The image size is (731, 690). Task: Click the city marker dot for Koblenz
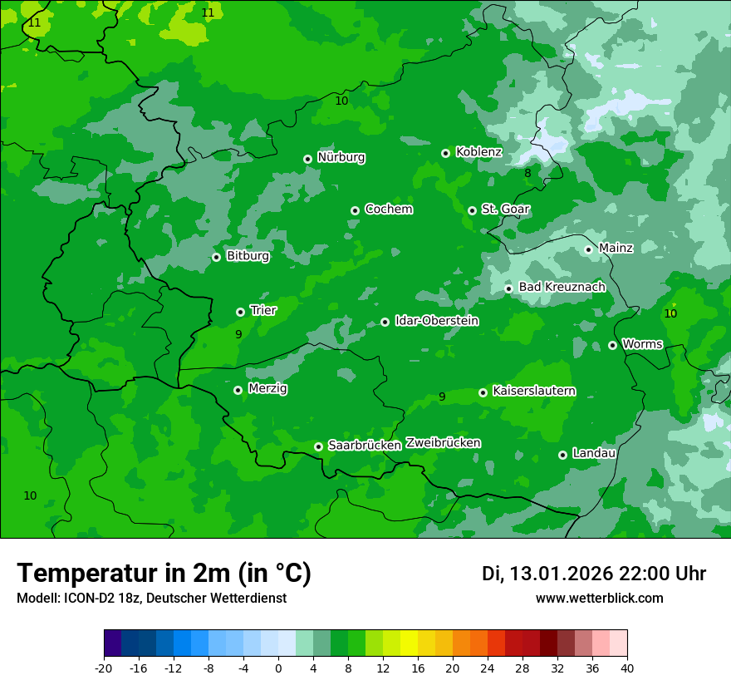click(x=446, y=153)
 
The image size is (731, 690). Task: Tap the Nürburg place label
click(x=341, y=157)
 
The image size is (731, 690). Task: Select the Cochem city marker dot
click(x=355, y=210)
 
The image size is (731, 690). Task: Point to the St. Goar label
click(x=505, y=209)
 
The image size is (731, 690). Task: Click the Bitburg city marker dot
click(x=216, y=257)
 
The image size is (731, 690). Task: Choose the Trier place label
click(x=263, y=310)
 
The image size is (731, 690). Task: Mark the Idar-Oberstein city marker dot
click(x=385, y=322)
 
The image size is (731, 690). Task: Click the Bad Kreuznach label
click(x=562, y=287)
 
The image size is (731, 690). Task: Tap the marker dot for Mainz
click(x=588, y=249)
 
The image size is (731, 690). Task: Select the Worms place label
click(x=642, y=343)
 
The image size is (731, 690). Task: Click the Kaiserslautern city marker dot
click(x=483, y=392)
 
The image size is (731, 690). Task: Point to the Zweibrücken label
click(x=443, y=442)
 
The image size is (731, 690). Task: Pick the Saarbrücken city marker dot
click(x=318, y=446)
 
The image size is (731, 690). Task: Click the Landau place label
click(x=594, y=453)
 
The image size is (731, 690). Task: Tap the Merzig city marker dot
click(x=238, y=390)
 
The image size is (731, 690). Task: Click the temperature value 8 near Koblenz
click(x=527, y=174)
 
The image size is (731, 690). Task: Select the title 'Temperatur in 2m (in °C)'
click(x=164, y=573)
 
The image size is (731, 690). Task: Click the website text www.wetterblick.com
click(x=599, y=598)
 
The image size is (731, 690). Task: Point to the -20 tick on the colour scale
click(x=104, y=668)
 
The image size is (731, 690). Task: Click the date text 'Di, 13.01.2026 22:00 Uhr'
click(x=594, y=574)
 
